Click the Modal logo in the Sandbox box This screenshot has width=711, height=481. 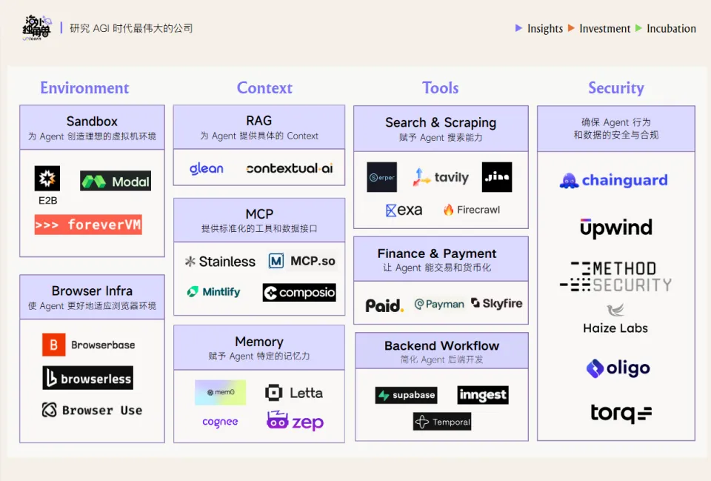(116, 181)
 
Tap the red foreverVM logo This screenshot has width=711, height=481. (88, 225)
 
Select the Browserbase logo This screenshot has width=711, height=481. (89, 345)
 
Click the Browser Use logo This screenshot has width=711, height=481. (92, 410)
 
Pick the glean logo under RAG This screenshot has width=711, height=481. (206, 168)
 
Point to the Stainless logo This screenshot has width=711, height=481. (220, 261)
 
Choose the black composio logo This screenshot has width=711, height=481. (299, 293)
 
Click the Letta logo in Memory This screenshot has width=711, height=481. (294, 393)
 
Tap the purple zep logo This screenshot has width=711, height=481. (295, 422)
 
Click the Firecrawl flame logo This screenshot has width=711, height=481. (472, 210)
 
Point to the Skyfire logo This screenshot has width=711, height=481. (497, 304)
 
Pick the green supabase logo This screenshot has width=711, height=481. (406, 395)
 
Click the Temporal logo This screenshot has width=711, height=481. (442, 422)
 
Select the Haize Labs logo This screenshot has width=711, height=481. (615, 319)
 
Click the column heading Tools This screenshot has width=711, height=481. (441, 87)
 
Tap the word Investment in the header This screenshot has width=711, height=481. (604, 28)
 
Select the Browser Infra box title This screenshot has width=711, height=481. (92, 291)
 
